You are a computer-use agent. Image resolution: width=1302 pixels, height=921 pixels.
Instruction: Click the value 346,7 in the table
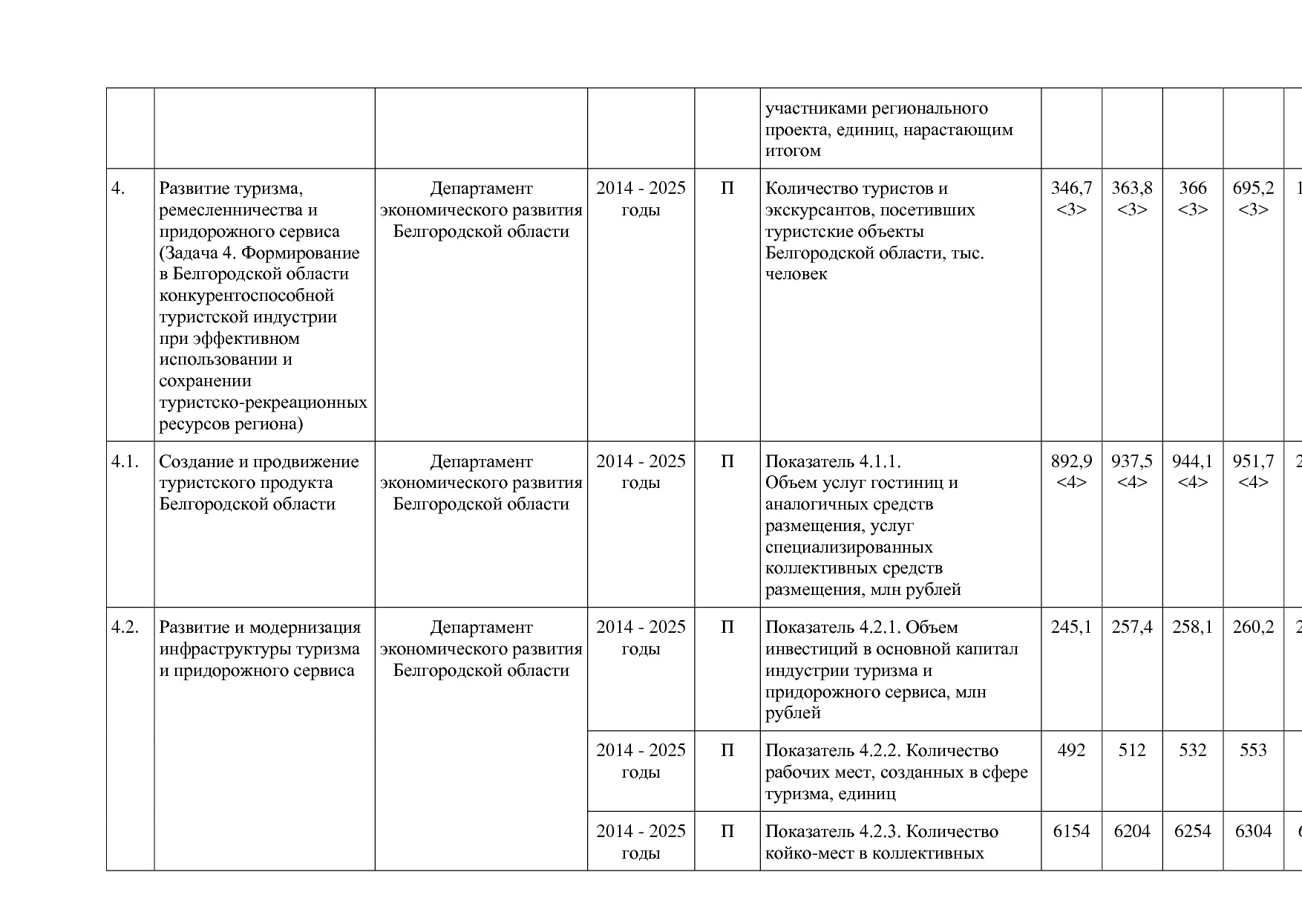click(x=1071, y=189)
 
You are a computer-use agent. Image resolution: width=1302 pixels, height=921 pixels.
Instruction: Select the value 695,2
click(x=1253, y=189)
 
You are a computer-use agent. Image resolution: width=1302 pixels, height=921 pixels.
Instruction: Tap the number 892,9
click(x=1071, y=462)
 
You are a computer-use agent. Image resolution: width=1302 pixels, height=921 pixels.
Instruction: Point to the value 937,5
click(x=1132, y=462)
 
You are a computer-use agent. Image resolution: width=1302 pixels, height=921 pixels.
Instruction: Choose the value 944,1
click(x=1192, y=462)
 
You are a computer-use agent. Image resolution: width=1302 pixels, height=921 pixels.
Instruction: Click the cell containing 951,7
click(x=1253, y=462)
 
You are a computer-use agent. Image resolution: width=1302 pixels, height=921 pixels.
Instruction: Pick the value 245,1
click(x=1071, y=628)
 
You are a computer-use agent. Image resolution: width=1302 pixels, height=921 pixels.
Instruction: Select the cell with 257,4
click(x=1132, y=628)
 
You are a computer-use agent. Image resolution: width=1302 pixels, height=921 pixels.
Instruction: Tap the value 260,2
click(x=1253, y=628)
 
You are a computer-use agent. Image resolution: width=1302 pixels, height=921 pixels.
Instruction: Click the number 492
click(x=1071, y=751)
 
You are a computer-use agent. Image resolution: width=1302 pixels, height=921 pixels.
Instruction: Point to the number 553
click(x=1253, y=751)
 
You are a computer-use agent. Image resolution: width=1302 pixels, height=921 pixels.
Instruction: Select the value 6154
click(x=1071, y=832)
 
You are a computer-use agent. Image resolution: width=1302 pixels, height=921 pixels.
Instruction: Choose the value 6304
click(x=1253, y=832)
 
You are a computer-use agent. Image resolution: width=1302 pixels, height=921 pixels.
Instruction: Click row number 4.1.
click(x=125, y=462)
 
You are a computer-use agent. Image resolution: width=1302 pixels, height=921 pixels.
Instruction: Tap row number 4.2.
click(x=125, y=628)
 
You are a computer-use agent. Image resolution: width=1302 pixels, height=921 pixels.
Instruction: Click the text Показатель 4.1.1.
click(x=833, y=462)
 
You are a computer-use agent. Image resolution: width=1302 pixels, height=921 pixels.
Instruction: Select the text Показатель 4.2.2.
click(x=834, y=751)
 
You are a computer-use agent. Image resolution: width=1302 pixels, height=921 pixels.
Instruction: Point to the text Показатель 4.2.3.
click(x=834, y=832)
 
